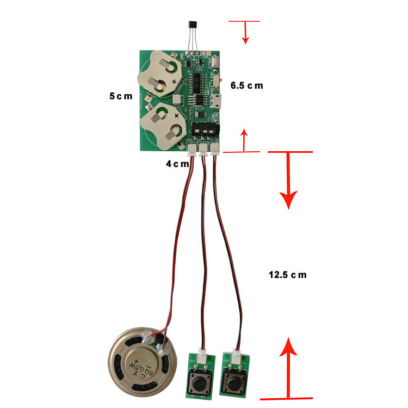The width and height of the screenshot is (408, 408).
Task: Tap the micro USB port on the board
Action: pos(217,102)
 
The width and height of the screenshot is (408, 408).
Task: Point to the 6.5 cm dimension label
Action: pos(246,85)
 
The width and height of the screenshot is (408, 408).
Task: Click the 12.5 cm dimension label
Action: pos(287,275)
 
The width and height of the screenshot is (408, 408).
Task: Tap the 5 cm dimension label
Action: pos(120,96)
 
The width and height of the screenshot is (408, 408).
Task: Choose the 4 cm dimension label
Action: pos(177,163)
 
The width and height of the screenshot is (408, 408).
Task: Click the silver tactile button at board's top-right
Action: pos(217,62)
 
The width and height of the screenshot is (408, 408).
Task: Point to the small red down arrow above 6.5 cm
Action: pos(245,39)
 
